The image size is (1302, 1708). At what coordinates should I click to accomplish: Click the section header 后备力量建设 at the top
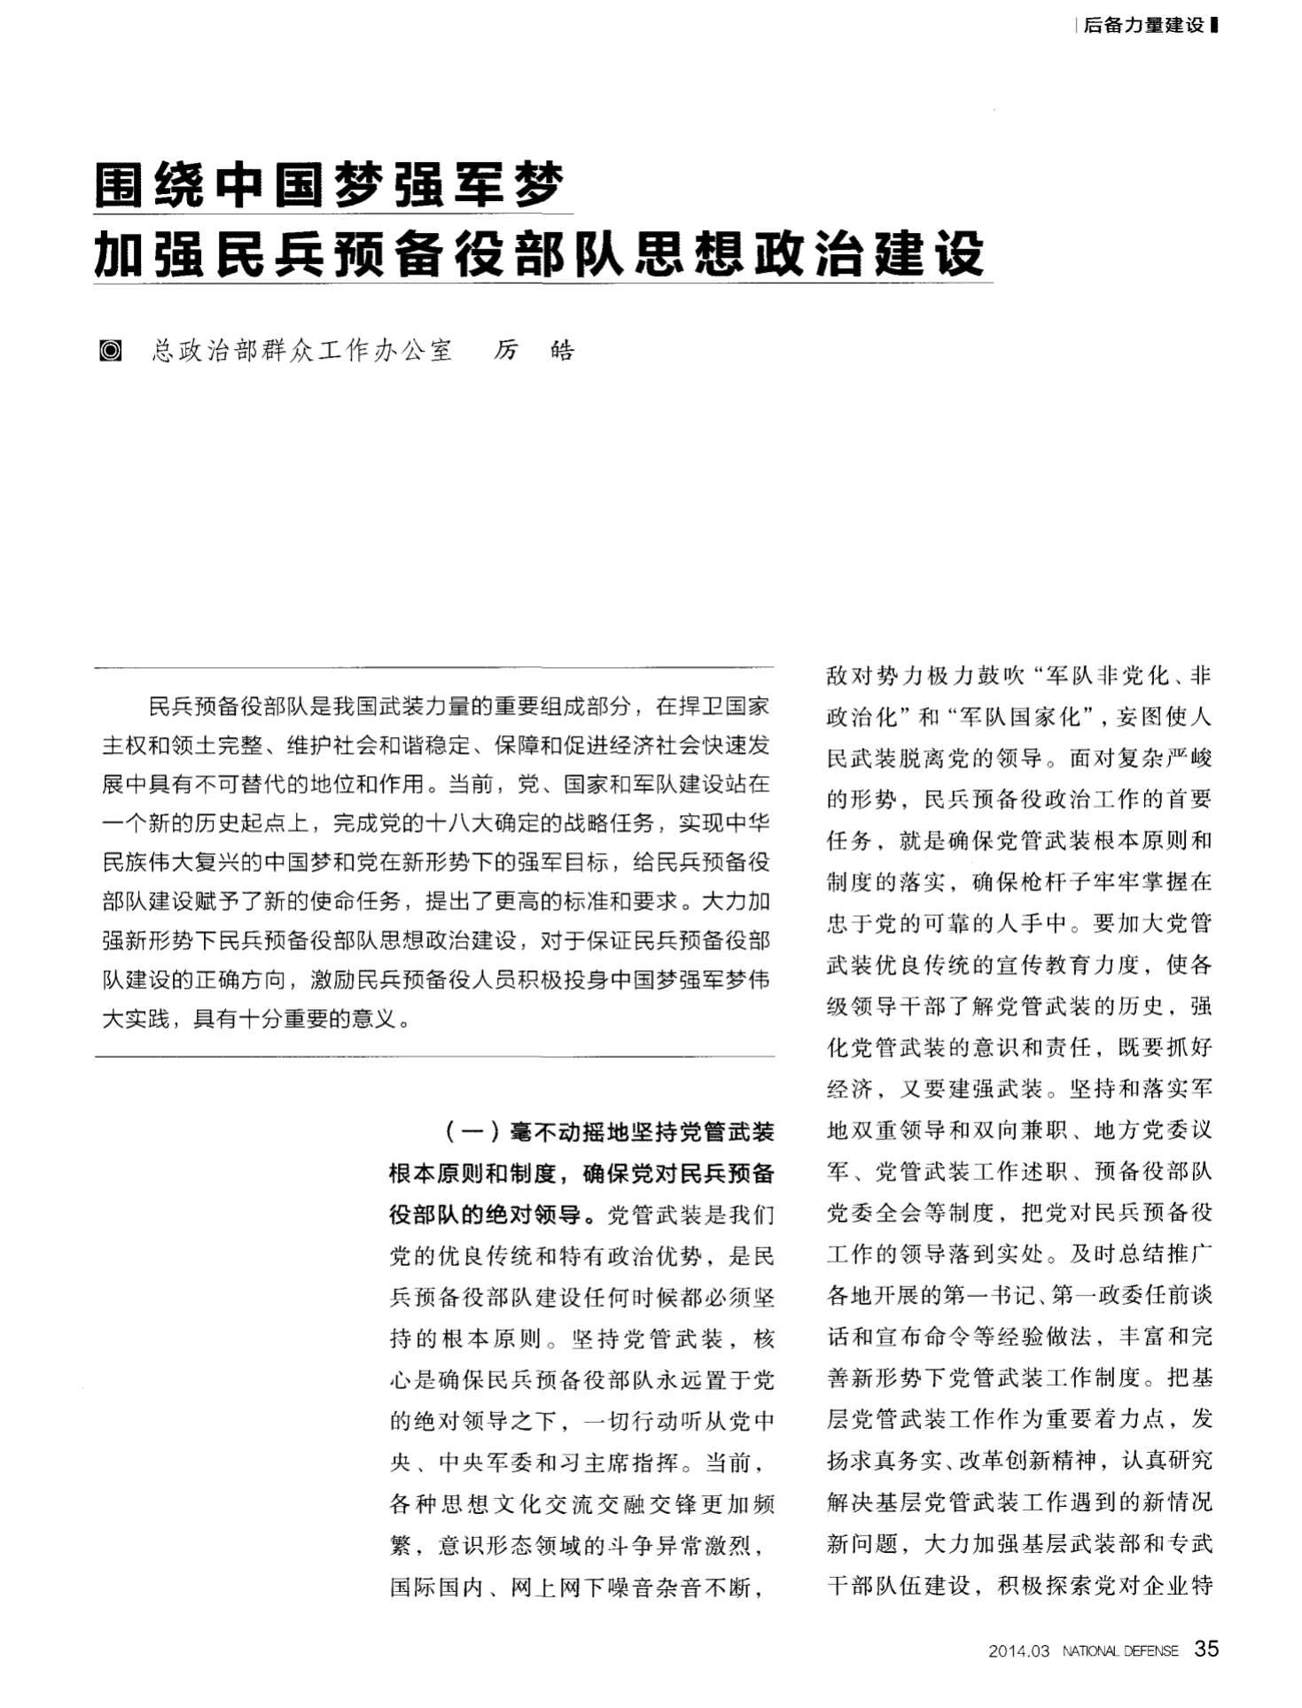pyautogui.click(x=1143, y=26)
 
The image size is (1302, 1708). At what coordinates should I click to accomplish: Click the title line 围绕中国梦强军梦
pyautogui.click(x=329, y=185)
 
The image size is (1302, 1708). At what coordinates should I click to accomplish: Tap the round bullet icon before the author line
pyautogui.click(x=110, y=351)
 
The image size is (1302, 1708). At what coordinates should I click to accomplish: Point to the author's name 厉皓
pyautogui.click(x=534, y=351)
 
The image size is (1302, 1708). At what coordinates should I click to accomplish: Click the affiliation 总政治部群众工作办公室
pyautogui.click(x=302, y=351)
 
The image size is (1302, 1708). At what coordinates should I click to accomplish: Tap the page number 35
pyautogui.click(x=1206, y=1649)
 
